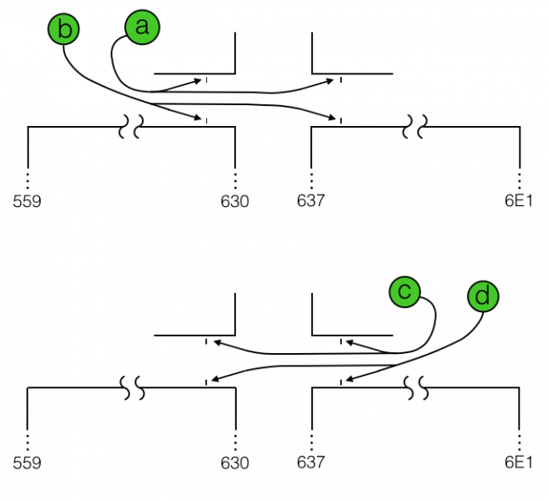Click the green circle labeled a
[x=142, y=27]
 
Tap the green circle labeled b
[x=65, y=31]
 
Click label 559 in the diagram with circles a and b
[x=28, y=201]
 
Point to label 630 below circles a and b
[x=234, y=201]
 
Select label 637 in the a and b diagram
[x=311, y=201]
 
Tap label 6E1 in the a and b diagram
[x=518, y=201]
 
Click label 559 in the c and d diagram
[x=28, y=462]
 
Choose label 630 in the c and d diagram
[x=234, y=462]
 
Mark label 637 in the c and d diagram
[x=311, y=462]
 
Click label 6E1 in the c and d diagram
[x=518, y=462]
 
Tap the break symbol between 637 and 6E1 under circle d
[x=415, y=387]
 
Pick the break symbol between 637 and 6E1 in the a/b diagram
[x=415, y=127]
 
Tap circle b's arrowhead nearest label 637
[x=334, y=117]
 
